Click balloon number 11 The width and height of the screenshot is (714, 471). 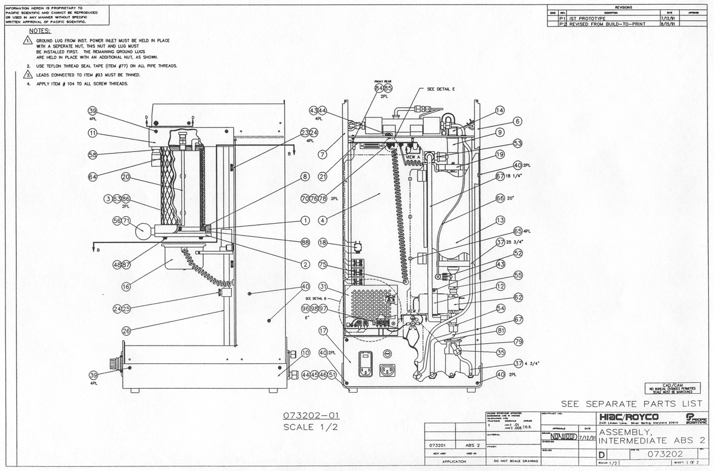tap(92, 134)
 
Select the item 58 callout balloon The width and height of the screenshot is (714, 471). tap(92, 155)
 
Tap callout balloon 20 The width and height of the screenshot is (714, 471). tap(125, 176)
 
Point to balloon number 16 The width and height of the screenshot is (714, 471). tap(125, 287)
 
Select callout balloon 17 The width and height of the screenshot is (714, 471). tap(323, 331)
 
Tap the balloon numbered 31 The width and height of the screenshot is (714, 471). tap(323, 287)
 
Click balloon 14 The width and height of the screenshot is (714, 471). tap(500, 110)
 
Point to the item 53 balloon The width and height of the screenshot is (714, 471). tap(501, 143)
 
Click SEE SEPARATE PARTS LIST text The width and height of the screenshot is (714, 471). tap(632, 404)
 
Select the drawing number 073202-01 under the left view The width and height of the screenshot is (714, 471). tap(311, 416)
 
